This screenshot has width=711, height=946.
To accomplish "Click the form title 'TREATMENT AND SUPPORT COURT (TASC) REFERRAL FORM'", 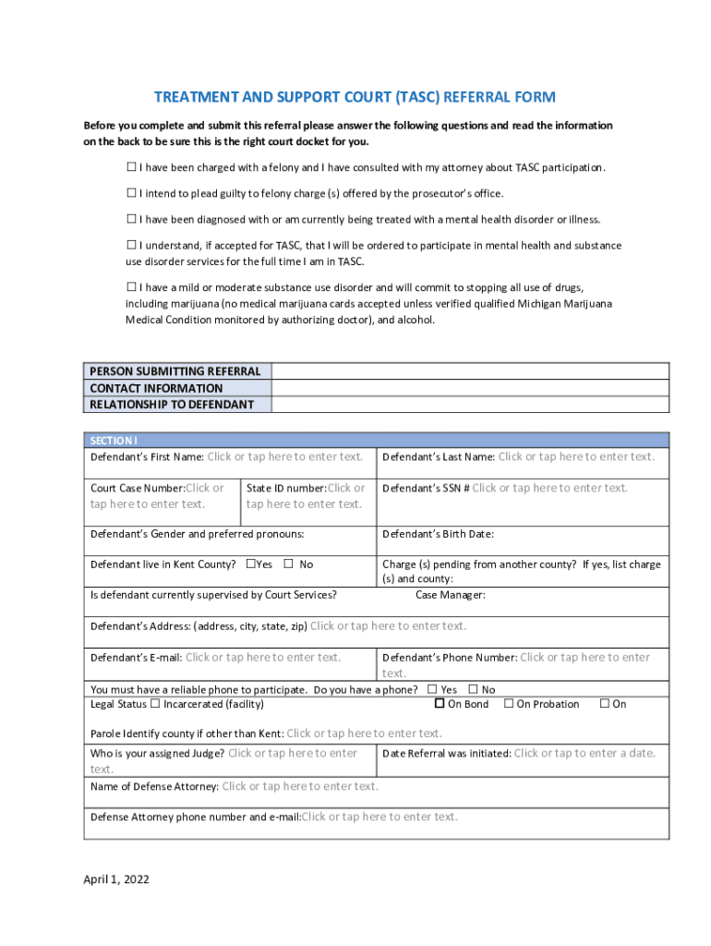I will (355, 97).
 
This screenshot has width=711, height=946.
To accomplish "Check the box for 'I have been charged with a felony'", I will (131, 167).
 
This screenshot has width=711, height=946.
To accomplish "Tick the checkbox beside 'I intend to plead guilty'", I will (131, 193).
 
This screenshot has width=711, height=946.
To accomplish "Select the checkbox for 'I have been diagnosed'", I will (131, 219).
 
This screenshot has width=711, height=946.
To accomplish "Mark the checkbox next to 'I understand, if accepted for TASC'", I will (131, 245).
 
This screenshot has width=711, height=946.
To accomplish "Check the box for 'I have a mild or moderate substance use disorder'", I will (131, 286).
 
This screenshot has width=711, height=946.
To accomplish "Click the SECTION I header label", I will (113, 441).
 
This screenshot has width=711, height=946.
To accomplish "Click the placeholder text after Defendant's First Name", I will (284, 456).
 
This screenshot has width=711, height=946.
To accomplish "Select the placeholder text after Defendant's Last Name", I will (576, 456).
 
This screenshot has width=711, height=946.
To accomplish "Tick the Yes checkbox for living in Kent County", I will (250, 564).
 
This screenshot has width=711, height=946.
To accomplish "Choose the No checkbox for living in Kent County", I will (288, 564).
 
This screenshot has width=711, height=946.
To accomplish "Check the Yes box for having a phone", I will (432, 689).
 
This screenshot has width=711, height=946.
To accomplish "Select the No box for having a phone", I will (473, 689).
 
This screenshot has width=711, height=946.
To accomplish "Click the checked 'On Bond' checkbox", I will (440, 704).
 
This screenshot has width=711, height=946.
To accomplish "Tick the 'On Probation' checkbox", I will (509, 704).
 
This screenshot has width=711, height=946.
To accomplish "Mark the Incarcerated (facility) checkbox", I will (155, 704).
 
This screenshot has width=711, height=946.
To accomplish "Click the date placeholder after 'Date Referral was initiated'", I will (584, 753).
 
